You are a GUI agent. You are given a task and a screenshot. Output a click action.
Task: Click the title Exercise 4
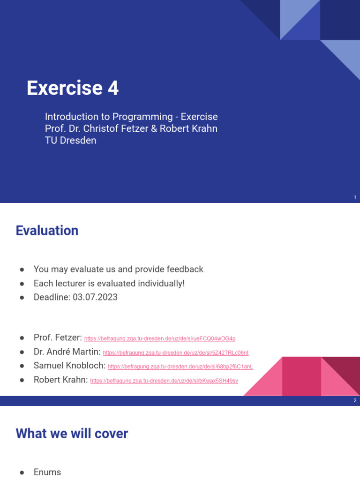[73, 88]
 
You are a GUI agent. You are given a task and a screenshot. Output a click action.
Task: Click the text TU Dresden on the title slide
[70, 140]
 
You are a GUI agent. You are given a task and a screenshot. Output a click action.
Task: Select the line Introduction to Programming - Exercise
[131, 117]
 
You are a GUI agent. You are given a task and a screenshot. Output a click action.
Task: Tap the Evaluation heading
[47, 231]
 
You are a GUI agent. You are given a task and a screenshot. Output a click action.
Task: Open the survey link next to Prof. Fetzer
[160, 338]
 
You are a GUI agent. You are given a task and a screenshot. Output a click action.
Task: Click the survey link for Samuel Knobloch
[180, 367]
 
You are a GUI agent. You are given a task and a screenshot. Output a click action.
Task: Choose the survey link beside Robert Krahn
[164, 381]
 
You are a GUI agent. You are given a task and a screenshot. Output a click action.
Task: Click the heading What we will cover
[72, 434]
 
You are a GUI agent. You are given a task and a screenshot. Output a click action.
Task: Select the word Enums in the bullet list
[47, 472]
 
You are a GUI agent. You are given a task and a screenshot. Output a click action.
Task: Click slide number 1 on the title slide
[355, 198]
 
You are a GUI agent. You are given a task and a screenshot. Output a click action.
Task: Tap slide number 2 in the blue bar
[355, 401]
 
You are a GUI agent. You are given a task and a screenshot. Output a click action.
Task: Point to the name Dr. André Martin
[67, 352]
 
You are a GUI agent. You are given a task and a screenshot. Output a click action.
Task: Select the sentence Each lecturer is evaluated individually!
[109, 284]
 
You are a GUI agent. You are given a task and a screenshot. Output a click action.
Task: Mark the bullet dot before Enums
[22, 472]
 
